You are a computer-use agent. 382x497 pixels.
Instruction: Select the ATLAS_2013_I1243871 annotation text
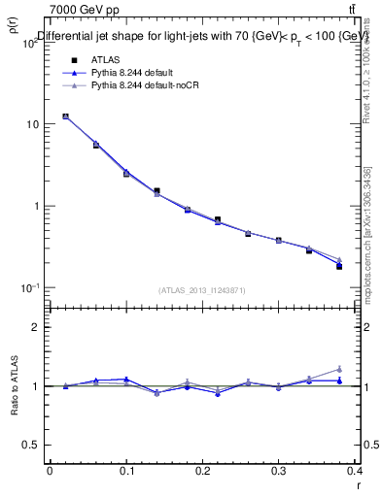pyautogui.click(x=202, y=290)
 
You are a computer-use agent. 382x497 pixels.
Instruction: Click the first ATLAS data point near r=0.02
pyautogui.click(x=65, y=116)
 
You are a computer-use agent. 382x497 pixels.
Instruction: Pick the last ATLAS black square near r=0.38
pyautogui.click(x=339, y=266)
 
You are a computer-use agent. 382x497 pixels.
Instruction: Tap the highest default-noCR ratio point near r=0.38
pyautogui.click(x=339, y=369)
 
